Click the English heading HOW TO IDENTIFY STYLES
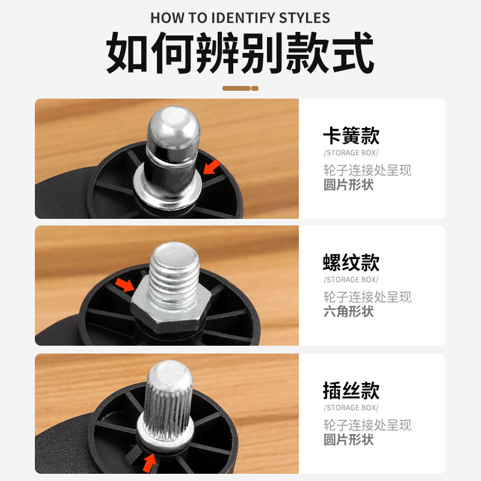pos(240,17)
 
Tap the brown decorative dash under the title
pos(240,88)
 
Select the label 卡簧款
pos(351,135)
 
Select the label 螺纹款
pos(351,263)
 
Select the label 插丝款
pos(351,390)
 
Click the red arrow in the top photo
pos(211,167)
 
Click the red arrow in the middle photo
pos(125,284)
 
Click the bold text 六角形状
pos(349,311)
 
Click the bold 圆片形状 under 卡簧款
pos(349,185)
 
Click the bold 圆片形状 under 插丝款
pos(349,440)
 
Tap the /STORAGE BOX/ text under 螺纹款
pos(351,280)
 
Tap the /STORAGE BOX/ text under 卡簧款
pos(351,153)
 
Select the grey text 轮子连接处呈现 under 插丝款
pos(367,424)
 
